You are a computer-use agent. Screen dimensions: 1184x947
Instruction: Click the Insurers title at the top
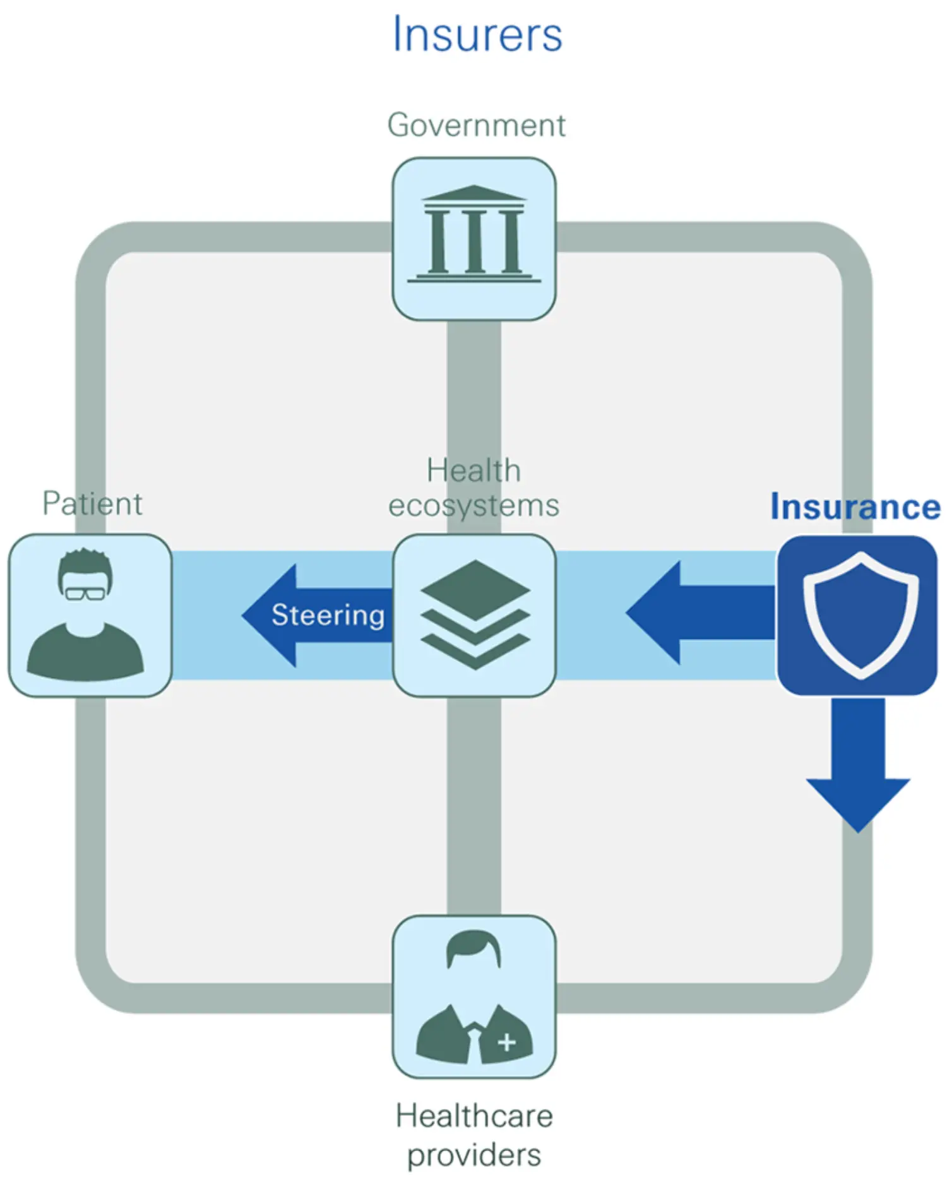click(477, 34)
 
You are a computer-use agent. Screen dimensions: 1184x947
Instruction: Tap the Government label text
click(476, 125)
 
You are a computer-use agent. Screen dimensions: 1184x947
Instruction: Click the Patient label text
click(92, 503)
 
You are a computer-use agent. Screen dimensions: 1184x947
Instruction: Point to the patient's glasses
click(85, 593)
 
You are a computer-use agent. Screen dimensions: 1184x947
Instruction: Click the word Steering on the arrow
click(328, 615)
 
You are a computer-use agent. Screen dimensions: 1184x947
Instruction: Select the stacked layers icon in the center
click(475, 614)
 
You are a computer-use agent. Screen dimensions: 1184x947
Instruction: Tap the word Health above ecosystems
click(473, 470)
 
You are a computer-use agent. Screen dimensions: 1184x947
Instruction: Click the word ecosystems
click(473, 506)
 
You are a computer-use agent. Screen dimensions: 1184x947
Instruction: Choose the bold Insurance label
click(855, 507)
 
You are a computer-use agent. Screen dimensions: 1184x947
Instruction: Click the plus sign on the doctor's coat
click(506, 1043)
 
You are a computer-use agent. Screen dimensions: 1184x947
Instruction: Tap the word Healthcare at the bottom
click(474, 1116)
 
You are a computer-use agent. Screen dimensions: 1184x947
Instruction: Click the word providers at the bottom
click(474, 1155)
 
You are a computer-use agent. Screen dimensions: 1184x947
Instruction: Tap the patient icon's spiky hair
click(85, 559)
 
